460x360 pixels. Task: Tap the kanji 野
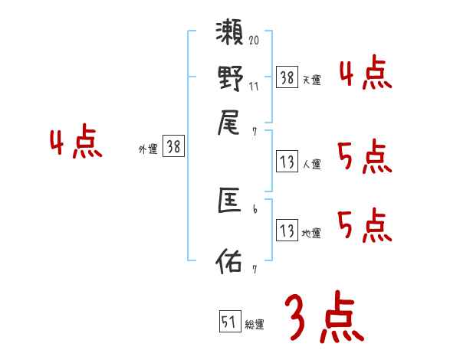click(x=230, y=78)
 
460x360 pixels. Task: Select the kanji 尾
click(x=230, y=122)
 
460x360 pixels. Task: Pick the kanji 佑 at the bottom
click(x=230, y=260)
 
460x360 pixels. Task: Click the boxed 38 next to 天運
click(x=287, y=77)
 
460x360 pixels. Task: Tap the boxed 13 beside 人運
click(x=287, y=162)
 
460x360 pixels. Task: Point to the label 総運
click(x=255, y=324)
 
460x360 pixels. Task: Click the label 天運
click(x=311, y=80)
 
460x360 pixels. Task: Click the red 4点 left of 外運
click(x=76, y=144)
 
